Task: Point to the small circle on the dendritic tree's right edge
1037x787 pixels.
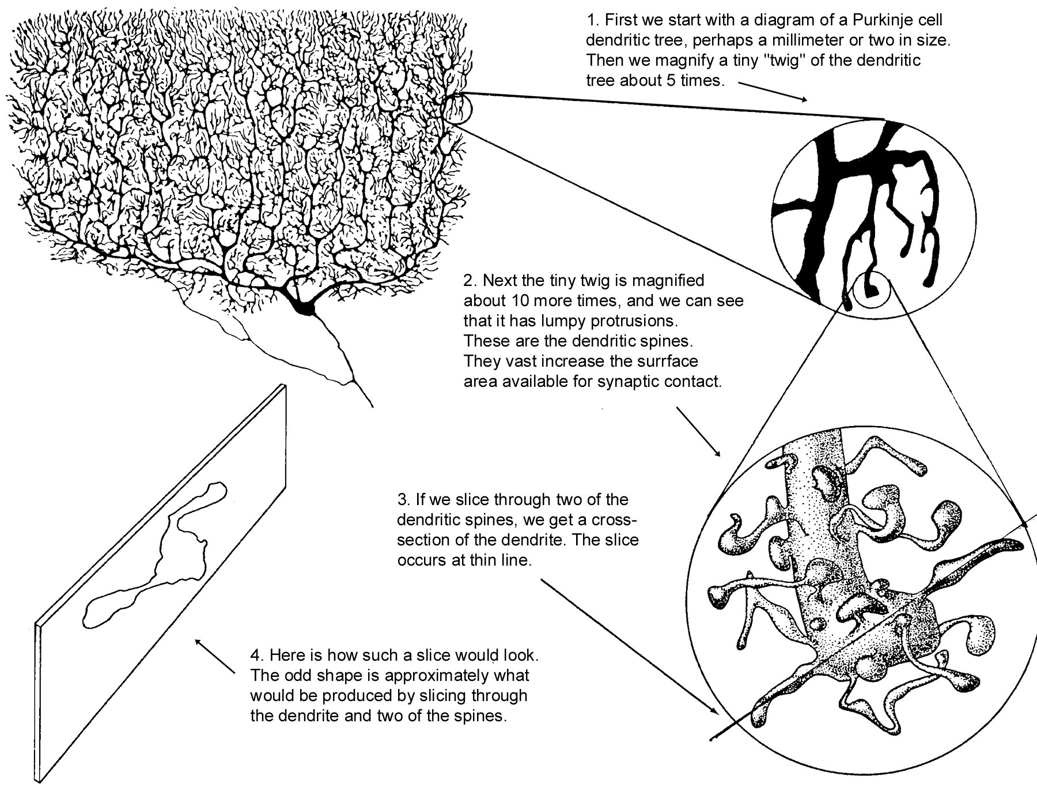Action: (458, 108)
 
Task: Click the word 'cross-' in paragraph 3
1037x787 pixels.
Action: (611, 519)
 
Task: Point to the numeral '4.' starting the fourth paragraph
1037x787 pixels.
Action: (257, 656)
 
